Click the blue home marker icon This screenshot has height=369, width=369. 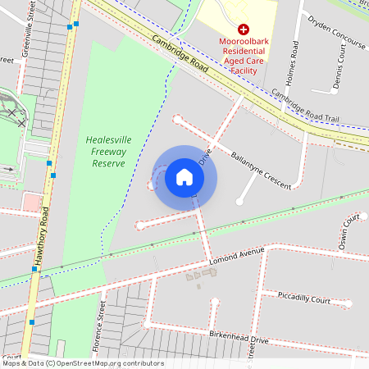pyautogui.click(x=184, y=177)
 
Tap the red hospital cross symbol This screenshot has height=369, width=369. pyautogui.click(x=244, y=29)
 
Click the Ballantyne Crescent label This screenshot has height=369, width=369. pyautogui.click(x=261, y=171)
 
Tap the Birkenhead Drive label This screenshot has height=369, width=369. pyautogui.click(x=239, y=338)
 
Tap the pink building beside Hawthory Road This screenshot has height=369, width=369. pyautogui.click(x=31, y=202)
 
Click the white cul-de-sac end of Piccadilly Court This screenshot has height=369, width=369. pyautogui.click(x=348, y=303)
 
